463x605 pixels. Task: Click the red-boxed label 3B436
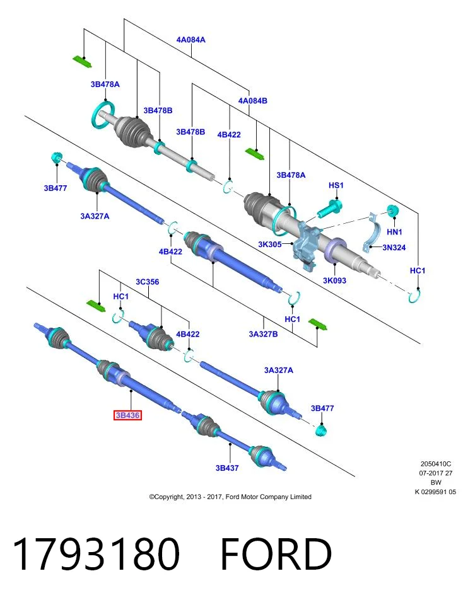[128, 415]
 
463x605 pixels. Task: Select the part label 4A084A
[190, 40]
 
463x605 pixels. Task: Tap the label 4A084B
[252, 101]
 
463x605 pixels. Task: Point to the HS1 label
[336, 185]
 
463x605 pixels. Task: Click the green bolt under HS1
[329, 209]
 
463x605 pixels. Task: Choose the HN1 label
[394, 232]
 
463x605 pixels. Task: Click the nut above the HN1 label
[393, 211]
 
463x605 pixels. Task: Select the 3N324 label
[394, 247]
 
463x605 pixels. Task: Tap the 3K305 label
[269, 245]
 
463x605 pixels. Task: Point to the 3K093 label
[334, 280]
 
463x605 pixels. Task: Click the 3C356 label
[147, 282]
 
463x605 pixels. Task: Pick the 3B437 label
[227, 468]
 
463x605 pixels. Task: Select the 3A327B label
[263, 334]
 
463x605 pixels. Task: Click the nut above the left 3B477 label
[56, 158]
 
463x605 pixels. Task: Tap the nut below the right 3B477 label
[320, 430]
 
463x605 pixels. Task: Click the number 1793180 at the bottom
[97, 554]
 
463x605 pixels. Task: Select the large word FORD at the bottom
[276, 554]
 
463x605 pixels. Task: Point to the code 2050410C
[436, 464]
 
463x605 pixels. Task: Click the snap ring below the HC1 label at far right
[414, 296]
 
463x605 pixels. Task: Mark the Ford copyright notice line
[230, 497]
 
